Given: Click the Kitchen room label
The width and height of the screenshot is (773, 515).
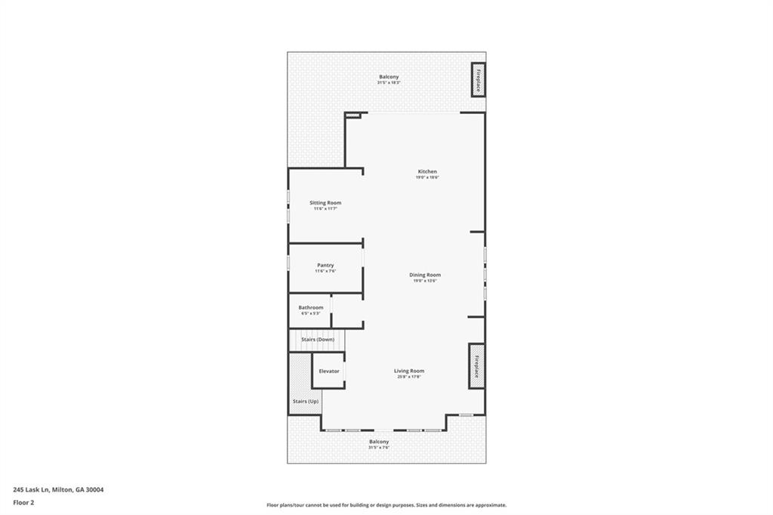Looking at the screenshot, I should pos(427,171).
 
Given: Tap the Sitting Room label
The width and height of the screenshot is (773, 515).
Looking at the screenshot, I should pos(325,202).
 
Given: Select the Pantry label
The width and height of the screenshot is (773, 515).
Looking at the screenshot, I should pos(325,265).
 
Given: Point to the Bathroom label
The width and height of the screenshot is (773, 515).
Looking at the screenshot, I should pos(311,307).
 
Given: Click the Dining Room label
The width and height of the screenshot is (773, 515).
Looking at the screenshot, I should pos(425,275).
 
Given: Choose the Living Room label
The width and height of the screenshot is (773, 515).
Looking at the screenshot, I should pos(409,371).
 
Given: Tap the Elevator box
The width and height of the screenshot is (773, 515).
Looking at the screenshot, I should pos(329,371).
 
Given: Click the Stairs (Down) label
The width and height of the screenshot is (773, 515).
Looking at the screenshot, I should pos(318,340).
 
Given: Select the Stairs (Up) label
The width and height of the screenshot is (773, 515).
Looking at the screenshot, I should pos(306,401).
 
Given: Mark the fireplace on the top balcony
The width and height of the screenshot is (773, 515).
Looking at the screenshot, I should pos(478,79).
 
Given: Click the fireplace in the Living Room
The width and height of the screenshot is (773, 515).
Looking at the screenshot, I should pos(476,366).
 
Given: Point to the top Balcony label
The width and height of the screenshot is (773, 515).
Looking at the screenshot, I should pos(389,77).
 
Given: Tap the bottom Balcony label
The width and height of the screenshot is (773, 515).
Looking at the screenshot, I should pos(379,442).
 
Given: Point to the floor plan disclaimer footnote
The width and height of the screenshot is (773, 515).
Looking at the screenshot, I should pos(386,505).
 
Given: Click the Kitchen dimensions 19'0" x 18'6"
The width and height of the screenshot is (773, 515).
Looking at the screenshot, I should pos(427,177).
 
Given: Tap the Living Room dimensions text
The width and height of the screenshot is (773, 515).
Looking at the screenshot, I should pos(409,376).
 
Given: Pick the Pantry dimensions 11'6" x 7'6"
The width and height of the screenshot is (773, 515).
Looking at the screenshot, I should pos(325,270).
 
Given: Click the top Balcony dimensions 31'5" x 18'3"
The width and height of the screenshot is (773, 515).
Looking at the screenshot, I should pos(389,82).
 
